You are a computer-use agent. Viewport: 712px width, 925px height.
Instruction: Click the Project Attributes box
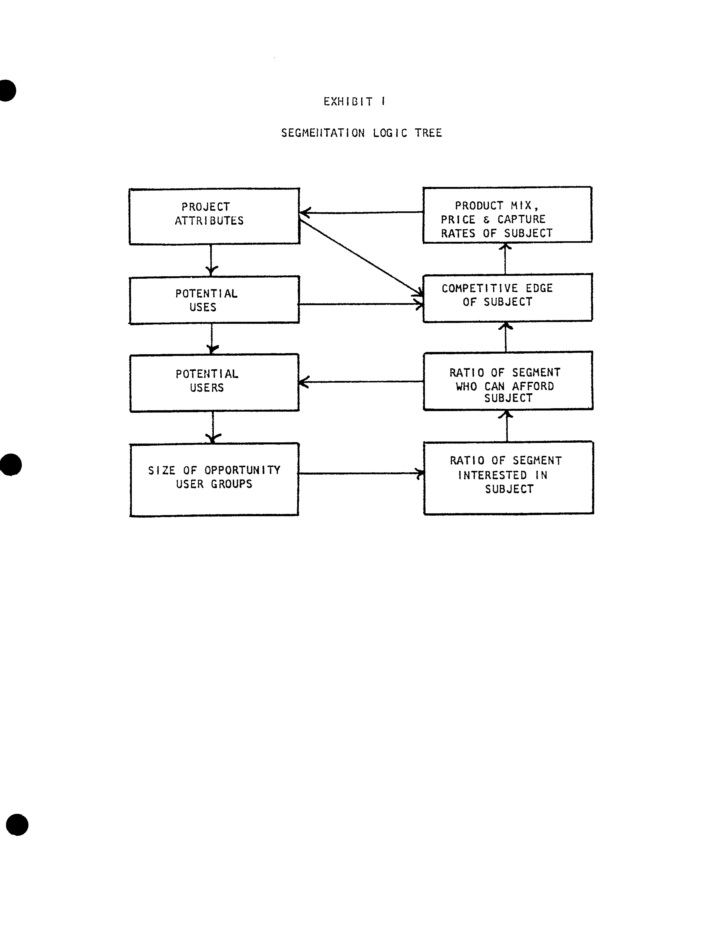pyautogui.click(x=214, y=216)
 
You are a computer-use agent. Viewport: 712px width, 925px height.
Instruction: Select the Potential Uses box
pyautogui.click(x=214, y=300)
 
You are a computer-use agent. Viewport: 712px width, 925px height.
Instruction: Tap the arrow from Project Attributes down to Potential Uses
pyautogui.click(x=211, y=259)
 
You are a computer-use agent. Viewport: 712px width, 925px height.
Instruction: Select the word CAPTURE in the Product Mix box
pyautogui.click(x=521, y=219)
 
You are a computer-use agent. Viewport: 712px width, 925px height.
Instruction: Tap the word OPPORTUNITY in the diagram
pyautogui.click(x=242, y=470)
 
